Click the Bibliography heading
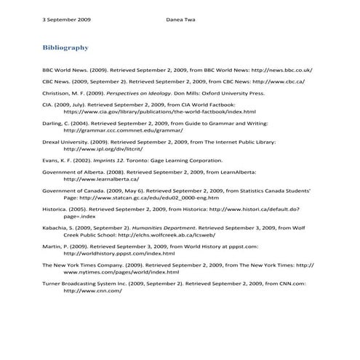point(65,48)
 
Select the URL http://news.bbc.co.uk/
point(281,70)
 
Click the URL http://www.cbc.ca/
point(271,82)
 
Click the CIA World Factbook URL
point(160,113)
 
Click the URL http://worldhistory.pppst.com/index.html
point(119,253)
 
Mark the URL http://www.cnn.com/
point(92,290)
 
